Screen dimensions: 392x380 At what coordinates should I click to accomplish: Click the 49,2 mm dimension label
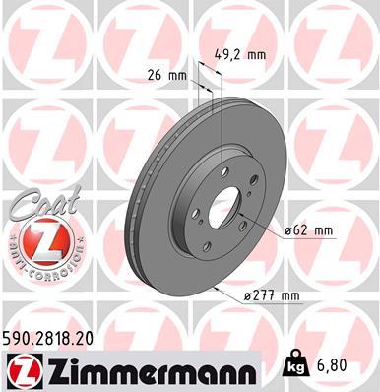[238, 55]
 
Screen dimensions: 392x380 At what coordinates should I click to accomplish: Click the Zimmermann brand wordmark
[148, 368]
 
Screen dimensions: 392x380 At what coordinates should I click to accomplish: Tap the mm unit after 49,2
[257, 55]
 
